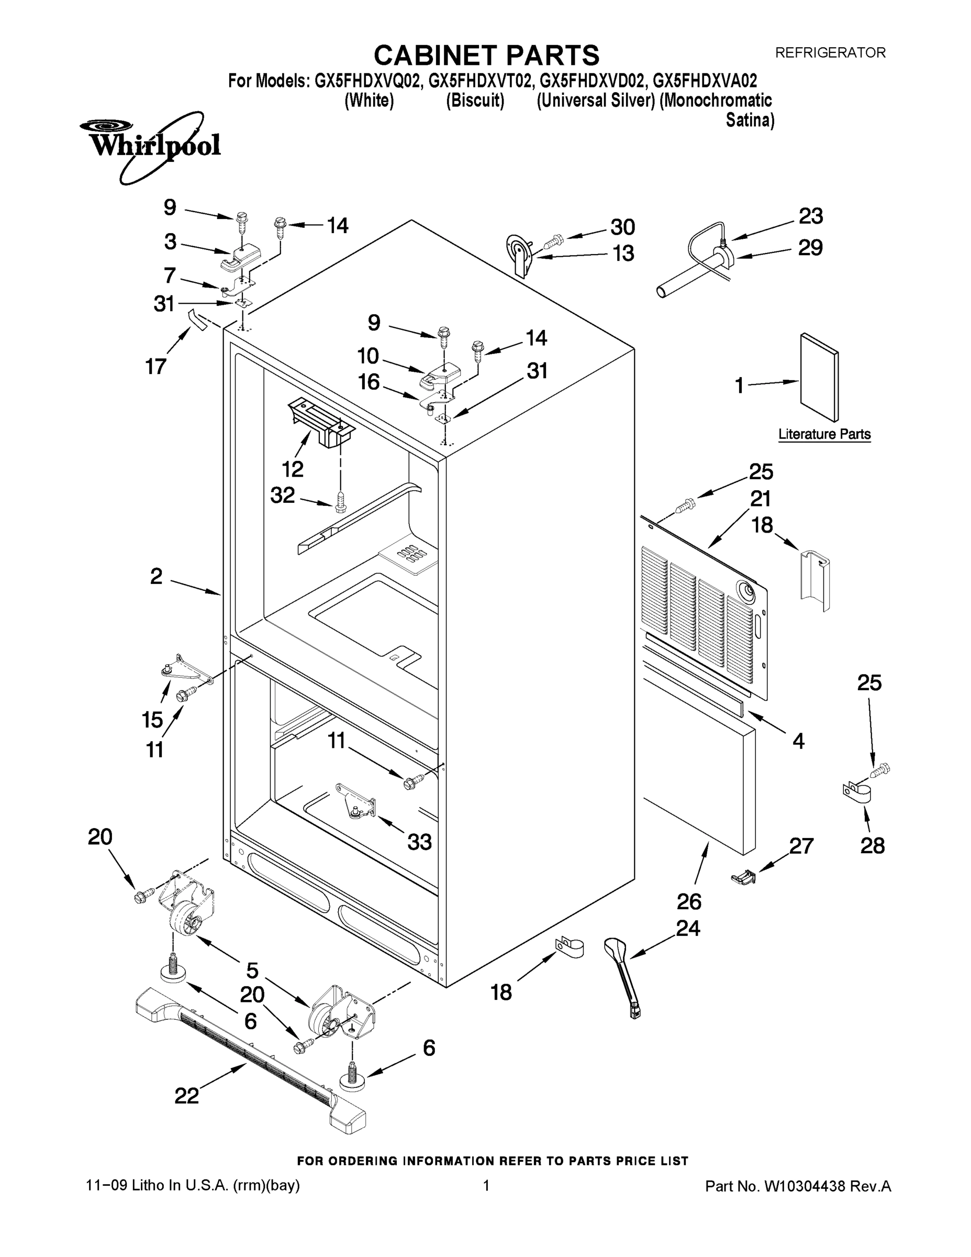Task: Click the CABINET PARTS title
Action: point(486,56)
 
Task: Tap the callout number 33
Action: point(419,842)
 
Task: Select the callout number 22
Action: point(187,1095)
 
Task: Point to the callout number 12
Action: point(292,469)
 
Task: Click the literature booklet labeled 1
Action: point(819,377)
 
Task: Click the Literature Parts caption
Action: point(824,434)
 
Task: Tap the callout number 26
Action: point(689,901)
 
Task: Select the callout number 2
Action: point(156,576)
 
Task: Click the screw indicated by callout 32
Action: point(341,502)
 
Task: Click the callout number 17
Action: point(155,366)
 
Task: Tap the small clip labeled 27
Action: point(743,877)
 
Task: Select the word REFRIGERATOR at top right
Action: point(830,53)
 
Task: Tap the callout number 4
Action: point(798,741)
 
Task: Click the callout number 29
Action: point(810,248)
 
